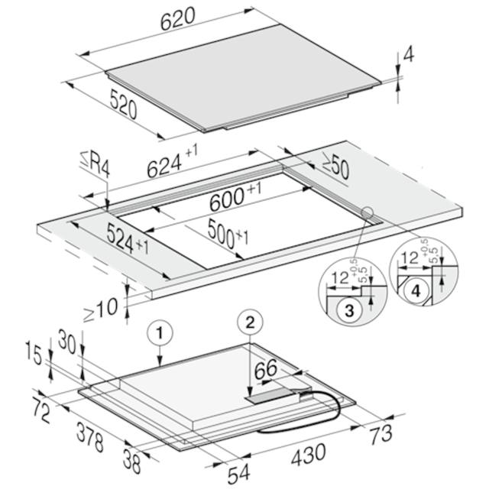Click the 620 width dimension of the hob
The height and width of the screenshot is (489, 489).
point(178,18)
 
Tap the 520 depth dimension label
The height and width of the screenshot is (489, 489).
point(124,105)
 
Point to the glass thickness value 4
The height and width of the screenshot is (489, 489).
point(409,55)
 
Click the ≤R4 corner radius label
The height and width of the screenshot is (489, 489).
point(95,164)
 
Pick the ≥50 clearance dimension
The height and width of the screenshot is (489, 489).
point(335,169)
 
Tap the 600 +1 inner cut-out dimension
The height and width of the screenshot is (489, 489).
point(235,197)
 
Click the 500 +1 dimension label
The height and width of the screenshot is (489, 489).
point(228,233)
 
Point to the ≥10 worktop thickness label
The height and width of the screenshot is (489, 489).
point(101,309)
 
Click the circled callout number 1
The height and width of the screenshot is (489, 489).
point(160,334)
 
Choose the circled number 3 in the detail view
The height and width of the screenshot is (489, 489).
point(349,311)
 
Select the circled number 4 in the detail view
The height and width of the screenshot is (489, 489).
point(416,291)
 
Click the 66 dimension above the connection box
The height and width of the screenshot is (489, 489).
point(266,369)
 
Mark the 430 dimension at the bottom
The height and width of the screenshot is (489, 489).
point(309,455)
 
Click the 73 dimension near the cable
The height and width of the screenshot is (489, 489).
point(381,434)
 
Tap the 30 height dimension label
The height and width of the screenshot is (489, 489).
point(66,342)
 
